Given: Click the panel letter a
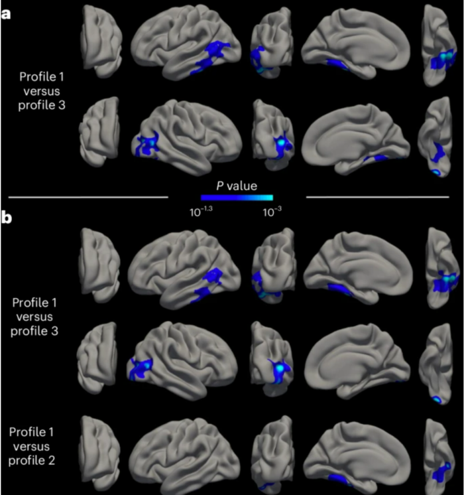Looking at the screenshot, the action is [5, 14].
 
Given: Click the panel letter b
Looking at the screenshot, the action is [6, 218].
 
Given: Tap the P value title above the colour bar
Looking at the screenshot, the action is [237, 186].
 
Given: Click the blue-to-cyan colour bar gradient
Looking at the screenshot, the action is [237, 198].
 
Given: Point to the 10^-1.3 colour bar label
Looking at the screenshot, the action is [201, 212].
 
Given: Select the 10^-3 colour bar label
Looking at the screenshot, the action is [272, 212].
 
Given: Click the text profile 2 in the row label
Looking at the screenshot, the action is [32, 460].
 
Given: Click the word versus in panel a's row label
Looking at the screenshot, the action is [42, 91].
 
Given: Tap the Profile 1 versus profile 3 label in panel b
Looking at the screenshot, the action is [34, 317].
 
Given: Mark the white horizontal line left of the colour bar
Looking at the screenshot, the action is [88, 197].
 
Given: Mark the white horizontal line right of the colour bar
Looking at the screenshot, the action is [378, 197].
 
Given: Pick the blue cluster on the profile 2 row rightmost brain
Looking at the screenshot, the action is [441, 472].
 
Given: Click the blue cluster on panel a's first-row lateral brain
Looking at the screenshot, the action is [211, 57].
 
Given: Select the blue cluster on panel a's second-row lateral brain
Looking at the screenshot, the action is [146, 144].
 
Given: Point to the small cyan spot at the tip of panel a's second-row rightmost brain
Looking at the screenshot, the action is [436, 173].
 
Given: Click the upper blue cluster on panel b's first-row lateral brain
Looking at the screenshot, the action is [213, 276].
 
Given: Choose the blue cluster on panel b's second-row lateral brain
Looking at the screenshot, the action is [141, 368].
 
